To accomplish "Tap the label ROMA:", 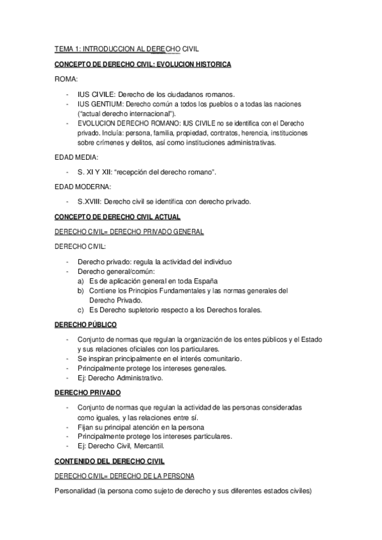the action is (66, 80).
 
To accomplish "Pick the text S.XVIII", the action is (89, 202).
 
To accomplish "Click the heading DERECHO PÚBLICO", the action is (85, 324).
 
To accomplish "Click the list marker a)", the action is (81, 281).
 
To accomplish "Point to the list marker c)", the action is (81, 310).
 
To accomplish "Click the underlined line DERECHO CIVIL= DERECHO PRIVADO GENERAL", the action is (129, 232).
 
